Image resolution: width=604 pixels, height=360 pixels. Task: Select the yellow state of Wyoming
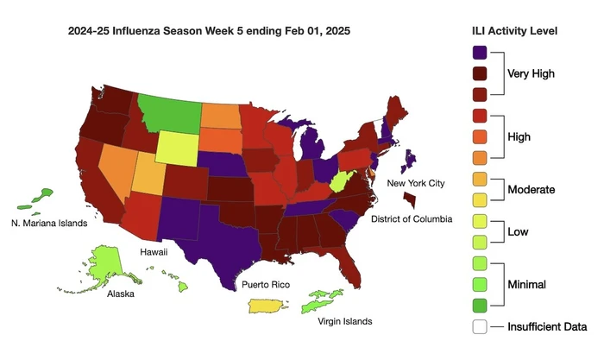176,148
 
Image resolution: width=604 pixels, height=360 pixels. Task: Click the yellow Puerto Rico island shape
269,306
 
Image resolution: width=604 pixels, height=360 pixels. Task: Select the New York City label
418,184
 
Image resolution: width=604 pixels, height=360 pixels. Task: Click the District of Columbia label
411,219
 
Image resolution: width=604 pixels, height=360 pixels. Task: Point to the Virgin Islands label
343,321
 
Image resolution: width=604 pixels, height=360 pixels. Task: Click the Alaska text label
121,294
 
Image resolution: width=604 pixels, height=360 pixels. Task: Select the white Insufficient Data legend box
480,327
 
